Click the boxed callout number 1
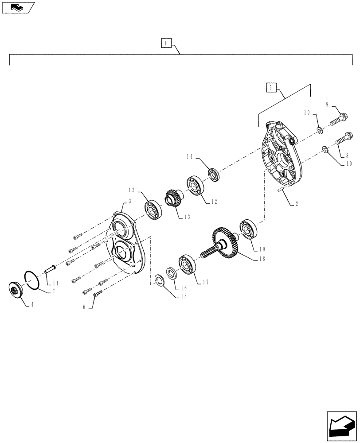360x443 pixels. click(165, 43)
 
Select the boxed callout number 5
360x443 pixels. click(271, 87)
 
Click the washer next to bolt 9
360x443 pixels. click(319, 130)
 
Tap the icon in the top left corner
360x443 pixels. click(18, 8)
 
